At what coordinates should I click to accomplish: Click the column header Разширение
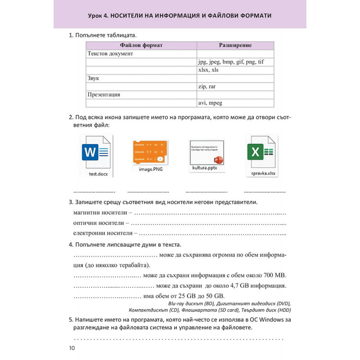(x=235, y=45)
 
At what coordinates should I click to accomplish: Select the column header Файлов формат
(x=141, y=45)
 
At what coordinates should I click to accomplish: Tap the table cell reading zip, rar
(x=207, y=86)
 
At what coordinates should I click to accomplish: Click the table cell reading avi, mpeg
(x=210, y=103)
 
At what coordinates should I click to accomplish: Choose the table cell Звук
(x=93, y=78)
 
